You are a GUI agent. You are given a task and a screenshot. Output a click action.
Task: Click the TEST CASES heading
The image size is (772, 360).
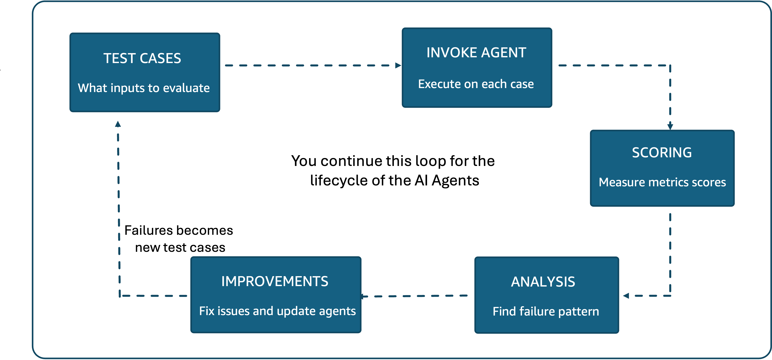pyautogui.click(x=142, y=58)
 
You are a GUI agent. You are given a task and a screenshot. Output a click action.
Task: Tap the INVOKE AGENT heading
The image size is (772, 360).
pyautogui.click(x=476, y=53)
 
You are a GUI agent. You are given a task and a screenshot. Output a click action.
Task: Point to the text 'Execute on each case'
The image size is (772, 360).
pyautogui.click(x=476, y=84)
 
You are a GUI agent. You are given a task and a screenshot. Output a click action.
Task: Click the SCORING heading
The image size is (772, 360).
pyautogui.click(x=662, y=153)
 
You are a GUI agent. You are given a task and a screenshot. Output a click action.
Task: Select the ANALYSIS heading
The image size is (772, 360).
pyautogui.click(x=543, y=282)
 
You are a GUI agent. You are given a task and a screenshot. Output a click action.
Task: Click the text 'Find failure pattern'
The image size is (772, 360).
pyautogui.click(x=546, y=312)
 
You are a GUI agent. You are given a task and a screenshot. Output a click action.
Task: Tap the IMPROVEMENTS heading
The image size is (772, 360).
pyautogui.click(x=275, y=281)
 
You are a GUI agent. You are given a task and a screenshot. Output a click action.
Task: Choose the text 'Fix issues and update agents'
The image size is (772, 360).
pyautogui.click(x=277, y=311)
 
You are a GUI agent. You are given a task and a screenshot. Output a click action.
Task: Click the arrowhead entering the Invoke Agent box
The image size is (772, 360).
pyautogui.click(x=398, y=65)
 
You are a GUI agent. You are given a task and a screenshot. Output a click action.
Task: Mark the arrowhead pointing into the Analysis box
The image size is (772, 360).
pyautogui.click(x=626, y=296)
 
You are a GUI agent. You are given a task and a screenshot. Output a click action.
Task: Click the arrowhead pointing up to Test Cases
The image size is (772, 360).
pyautogui.click(x=118, y=124)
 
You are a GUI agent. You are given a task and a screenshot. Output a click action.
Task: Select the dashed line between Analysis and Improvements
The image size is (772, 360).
pyautogui.click(x=417, y=296)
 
